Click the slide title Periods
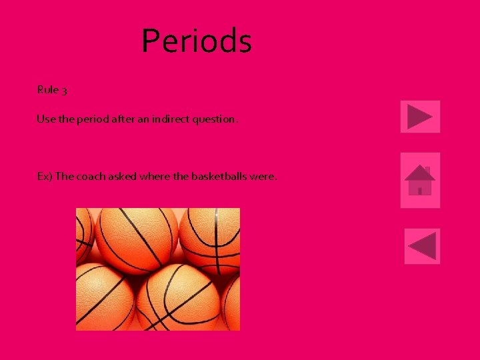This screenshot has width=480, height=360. [197, 41]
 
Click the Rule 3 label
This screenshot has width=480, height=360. [52, 89]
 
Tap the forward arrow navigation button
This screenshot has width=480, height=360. [420, 117]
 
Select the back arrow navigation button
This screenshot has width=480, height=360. [422, 246]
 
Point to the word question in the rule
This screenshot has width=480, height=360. [213, 119]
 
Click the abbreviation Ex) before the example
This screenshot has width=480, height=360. [45, 177]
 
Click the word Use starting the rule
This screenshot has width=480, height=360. [45, 119]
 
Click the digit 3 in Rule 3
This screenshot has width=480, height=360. [63, 90]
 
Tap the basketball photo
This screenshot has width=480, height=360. [158, 269]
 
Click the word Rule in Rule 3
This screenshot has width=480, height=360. [47, 89]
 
